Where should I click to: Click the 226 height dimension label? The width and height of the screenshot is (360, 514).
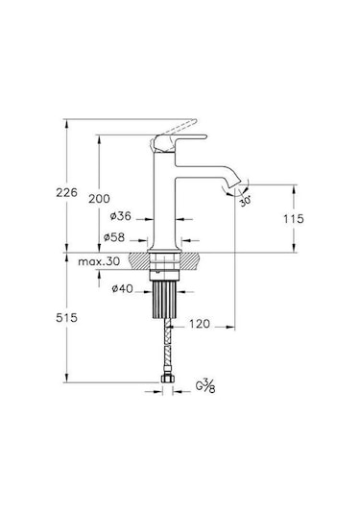pyautogui.click(x=66, y=192)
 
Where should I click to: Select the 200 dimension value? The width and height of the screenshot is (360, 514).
pyautogui.click(x=99, y=199)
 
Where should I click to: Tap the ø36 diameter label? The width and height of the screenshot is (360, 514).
pyautogui.click(x=121, y=216)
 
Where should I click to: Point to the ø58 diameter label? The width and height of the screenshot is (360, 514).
pyautogui.click(x=114, y=237)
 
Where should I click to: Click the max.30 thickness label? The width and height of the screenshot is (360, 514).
pyautogui.click(x=99, y=261)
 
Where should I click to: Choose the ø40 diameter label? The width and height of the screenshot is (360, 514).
pyautogui.click(x=122, y=289)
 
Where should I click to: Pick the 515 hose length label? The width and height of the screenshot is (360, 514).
pyautogui.click(x=66, y=318)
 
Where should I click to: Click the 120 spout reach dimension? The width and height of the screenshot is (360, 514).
pyautogui.click(x=200, y=324)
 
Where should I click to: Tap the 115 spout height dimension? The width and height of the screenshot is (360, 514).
pyautogui.click(x=294, y=219)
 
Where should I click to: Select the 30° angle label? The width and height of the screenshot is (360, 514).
pyautogui.click(x=246, y=201)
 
